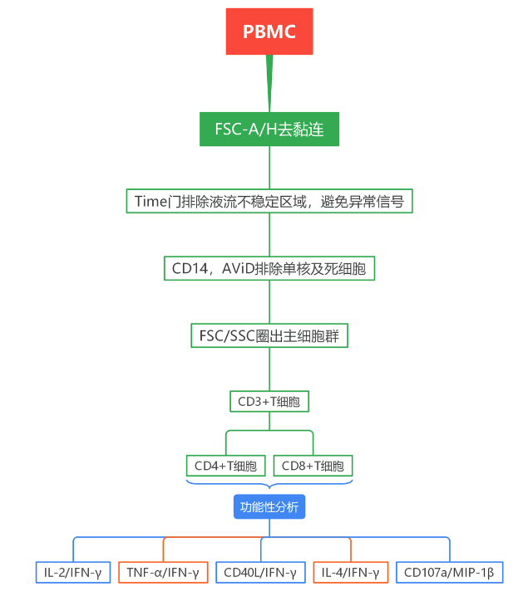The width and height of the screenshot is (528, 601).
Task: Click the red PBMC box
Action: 269,32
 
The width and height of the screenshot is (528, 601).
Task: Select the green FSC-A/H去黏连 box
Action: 269,129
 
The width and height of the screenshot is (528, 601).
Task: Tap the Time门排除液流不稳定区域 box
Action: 269,200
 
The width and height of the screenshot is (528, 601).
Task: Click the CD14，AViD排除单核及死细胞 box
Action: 269,268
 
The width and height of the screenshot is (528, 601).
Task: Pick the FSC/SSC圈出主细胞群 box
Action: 269,336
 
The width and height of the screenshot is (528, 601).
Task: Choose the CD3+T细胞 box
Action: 269,402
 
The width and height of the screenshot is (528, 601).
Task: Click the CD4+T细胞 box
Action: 225,466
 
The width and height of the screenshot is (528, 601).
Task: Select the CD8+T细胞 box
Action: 313,466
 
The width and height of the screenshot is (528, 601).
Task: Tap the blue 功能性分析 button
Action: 269,506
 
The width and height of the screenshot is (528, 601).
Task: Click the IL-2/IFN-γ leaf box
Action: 73,572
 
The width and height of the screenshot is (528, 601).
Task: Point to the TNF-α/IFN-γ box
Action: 162,572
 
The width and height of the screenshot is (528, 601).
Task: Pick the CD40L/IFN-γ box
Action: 260,572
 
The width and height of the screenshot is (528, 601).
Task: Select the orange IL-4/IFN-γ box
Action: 350,572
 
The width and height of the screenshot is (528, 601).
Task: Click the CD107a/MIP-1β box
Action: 449,572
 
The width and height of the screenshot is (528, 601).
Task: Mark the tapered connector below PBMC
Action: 269,83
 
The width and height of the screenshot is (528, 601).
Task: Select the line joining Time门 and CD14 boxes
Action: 269,234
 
